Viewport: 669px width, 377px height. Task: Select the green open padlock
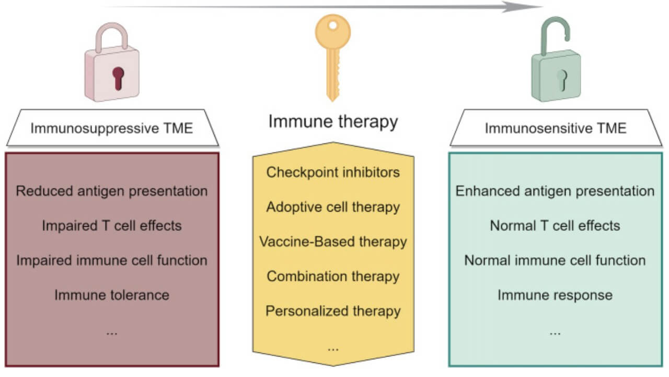click(x=556, y=68)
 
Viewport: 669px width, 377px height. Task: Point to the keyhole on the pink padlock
click(x=119, y=77)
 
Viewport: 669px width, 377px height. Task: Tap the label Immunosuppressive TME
click(x=112, y=128)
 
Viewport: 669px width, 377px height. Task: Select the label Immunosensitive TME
click(x=556, y=128)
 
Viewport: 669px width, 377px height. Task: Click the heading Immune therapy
click(x=333, y=122)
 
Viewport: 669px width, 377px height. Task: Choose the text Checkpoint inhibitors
click(x=333, y=172)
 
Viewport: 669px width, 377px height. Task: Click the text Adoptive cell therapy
click(x=333, y=207)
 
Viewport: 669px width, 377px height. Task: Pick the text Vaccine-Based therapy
click(x=333, y=241)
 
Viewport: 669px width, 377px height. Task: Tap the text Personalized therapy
click(x=333, y=311)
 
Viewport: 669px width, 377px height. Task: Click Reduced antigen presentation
click(x=112, y=191)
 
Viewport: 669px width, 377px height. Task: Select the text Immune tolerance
click(x=112, y=295)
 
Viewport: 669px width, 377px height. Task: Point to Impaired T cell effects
click(x=112, y=226)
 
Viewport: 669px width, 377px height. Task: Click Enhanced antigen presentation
click(x=555, y=191)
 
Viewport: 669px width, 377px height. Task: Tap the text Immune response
click(x=555, y=295)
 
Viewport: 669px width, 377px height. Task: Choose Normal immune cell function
click(x=555, y=260)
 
